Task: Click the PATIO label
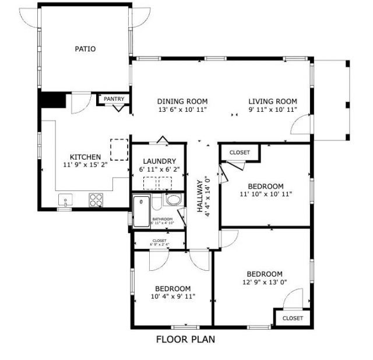[85, 49]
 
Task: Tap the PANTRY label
[114, 99]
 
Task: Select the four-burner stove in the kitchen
[95, 200]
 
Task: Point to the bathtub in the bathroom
[142, 212]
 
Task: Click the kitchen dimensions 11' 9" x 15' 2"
[85, 165]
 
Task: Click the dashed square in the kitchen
[119, 149]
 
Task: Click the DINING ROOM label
[182, 101]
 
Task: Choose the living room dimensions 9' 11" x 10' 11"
[273, 109]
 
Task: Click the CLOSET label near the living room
[240, 153]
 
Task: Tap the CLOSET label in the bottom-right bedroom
[293, 319]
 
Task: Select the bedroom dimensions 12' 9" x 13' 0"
[264, 283]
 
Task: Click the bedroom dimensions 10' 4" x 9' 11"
[173, 297]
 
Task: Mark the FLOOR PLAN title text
[185, 339]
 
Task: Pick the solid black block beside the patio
[52, 100]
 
